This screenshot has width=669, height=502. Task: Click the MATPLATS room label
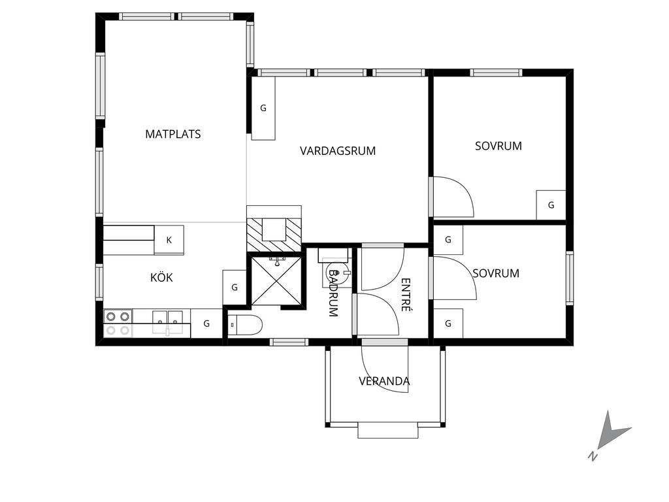point(172,134)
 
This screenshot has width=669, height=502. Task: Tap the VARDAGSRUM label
point(338,151)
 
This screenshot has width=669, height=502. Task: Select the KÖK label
point(161,277)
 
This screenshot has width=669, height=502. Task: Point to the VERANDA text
point(384,381)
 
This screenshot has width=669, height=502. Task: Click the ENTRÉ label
point(406,295)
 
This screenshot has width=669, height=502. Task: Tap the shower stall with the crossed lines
point(276,280)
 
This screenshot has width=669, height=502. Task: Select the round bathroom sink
point(337,273)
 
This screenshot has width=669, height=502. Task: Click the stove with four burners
point(118,323)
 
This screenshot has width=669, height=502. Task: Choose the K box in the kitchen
point(169,240)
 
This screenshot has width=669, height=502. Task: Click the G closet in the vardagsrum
point(263,109)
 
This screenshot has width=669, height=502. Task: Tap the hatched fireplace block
point(274,235)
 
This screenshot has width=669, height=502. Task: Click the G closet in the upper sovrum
point(551,205)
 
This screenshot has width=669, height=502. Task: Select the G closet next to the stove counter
point(206,324)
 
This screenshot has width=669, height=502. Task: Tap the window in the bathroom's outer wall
point(289,342)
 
